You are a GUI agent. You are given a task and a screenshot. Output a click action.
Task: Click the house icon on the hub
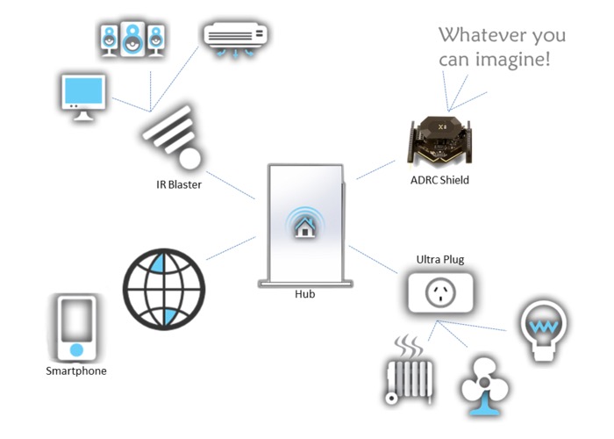tap(305, 227)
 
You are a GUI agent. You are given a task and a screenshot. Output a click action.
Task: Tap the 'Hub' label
tap(304, 294)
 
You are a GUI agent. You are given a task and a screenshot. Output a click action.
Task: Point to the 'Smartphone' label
tap(76, 371)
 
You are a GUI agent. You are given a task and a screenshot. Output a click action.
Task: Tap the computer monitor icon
tap(84, 96)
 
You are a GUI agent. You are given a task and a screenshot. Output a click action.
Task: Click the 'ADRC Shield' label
tap(439, 181)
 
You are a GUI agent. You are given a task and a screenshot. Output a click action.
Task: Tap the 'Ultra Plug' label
tap(439, 260)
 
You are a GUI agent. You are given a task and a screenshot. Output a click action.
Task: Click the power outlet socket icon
tap(439, 292)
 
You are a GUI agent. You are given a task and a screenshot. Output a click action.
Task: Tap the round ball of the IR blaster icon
tap(190, 159)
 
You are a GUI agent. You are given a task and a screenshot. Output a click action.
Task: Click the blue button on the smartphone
tap(76, 350)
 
